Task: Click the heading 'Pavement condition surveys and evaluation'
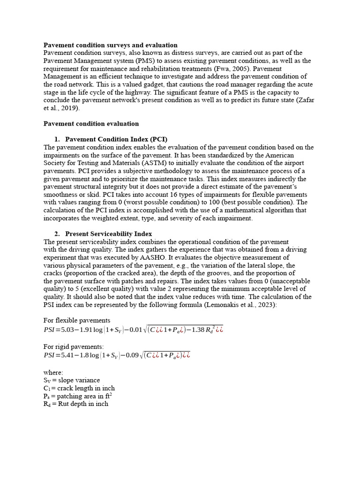click(x=111, y=45)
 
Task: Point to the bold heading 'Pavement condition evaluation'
click(x=91, y=124)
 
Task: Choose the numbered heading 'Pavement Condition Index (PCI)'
click(x=116, y=139)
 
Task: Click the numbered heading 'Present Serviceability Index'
click(x=108, y=234)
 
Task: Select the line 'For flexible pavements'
click(x=77, y=321)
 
